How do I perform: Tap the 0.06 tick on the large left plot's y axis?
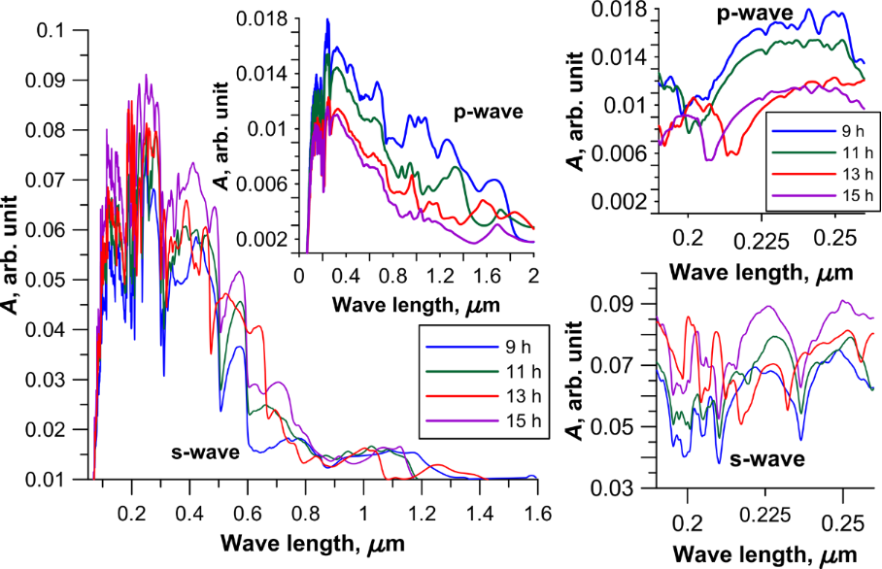pos(50,230)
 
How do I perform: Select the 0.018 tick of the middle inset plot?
pos(266,17)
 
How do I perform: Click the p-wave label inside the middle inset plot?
pos(488,112)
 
